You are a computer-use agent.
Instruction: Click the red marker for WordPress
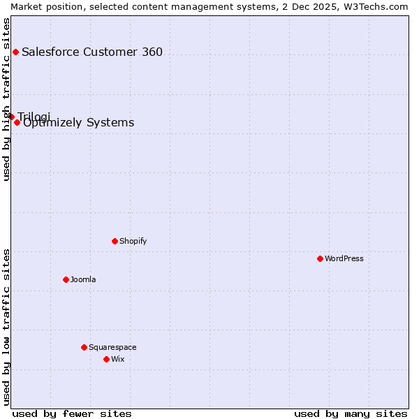point(320,258)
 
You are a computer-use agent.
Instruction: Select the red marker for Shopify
point(115,241)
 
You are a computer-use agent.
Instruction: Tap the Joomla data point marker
point(66,279)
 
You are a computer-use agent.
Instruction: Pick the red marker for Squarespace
point(84,347)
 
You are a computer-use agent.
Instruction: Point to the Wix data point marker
point(106,359)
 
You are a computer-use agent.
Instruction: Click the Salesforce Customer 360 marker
point(15,52)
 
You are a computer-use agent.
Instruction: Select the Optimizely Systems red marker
point(17,122)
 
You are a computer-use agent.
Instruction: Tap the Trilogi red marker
point(11,117)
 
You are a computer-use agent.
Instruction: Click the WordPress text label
point(344,258)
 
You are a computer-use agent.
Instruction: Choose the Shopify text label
point(133,241)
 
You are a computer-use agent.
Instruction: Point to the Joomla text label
point(83,279)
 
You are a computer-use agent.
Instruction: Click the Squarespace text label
point(112,347)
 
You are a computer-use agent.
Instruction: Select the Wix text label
point(117,359)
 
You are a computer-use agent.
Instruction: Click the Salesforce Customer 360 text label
point(92,52)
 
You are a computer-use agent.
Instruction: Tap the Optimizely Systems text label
point(78,123)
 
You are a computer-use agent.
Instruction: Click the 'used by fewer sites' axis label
point(72,413)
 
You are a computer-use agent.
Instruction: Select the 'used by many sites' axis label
point(351,413)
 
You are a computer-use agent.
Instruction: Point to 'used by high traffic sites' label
point(6,99)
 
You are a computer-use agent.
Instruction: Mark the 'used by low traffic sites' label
point(6,327)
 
